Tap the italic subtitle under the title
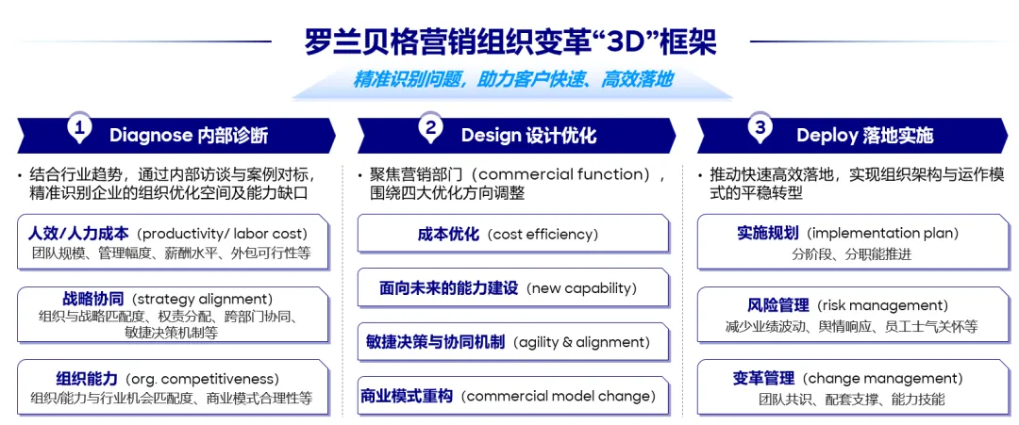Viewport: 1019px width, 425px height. (x=512, y=80)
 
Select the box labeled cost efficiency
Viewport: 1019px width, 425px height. (x=512, y=234)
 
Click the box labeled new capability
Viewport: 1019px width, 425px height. (x=512, y=287)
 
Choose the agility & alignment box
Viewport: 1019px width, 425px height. (x=512, y=341)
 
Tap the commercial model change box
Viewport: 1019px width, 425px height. (x=512, y=395)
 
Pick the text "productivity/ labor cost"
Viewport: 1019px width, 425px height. (x=223, y=234)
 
